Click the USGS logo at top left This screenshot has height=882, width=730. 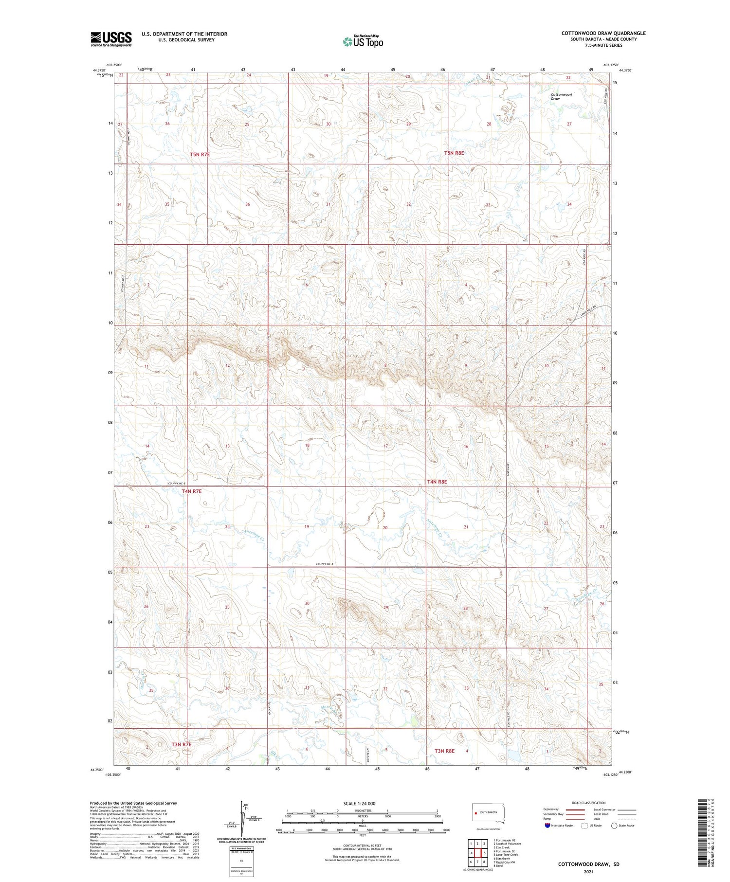pyautogui.click(x=111, y=39)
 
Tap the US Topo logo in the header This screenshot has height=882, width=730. pyautogui.click(x=363, y=42)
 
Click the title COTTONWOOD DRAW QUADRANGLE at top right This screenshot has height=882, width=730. pyautogui.click(x=603, y=33)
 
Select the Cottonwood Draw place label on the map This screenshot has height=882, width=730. pyautogui.click(x=561, y=96)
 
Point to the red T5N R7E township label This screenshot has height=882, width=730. pyautogui.click(x=200, y=154)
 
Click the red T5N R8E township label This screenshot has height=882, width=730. pyautogui.click(x=454, y=153)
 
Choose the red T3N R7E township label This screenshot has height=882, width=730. pyautogui.click(x=182, y=744)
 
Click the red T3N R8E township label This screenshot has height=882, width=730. pyautogui.click(x=444, y=751)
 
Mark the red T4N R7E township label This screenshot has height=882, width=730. pyautogui.click(x=191, y=491)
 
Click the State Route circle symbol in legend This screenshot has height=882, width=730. pyautogui.click(x=614, y=826)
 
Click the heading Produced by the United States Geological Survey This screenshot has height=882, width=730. pyautogui.click(x=133, y=803)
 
